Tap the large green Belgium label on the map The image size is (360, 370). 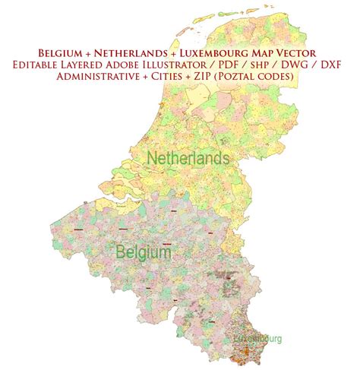pyautogui.click(x=143, y=251)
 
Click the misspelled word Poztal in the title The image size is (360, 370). pyautogui.click(x=242, y=81)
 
